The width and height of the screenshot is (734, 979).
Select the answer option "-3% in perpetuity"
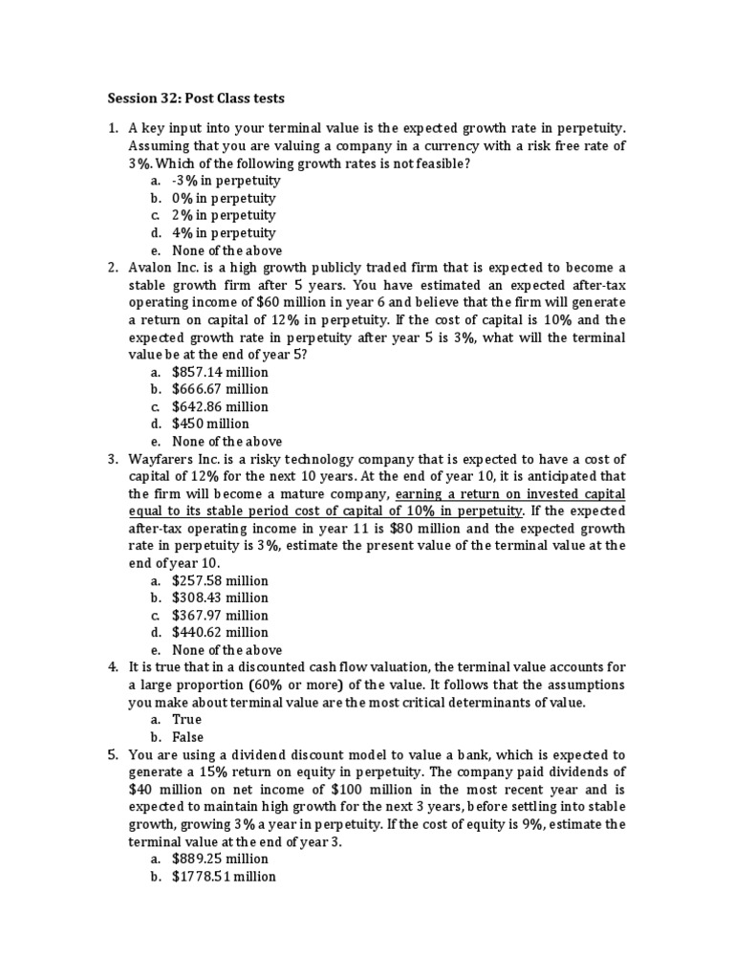point(226,181)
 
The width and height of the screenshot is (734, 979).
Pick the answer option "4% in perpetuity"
point(224,232)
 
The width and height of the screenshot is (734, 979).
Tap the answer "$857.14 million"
point(220,372)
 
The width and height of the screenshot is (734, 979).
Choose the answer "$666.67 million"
point(220,389)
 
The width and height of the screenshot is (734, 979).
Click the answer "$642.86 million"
point(220,406)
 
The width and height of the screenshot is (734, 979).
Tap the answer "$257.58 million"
point(220,580)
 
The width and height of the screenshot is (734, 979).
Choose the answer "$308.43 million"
point(220,598)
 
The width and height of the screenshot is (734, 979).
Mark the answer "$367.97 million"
point(220,615)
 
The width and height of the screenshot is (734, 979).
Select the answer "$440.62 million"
point(220,632)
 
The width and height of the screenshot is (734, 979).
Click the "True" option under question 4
point(187,719)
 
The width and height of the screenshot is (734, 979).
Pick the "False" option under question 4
point(188,736)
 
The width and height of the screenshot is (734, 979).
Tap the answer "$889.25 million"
point(220,859)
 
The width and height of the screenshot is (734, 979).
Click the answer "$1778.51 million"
point(224,876)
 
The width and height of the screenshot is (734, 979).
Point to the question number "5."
point(112,754)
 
